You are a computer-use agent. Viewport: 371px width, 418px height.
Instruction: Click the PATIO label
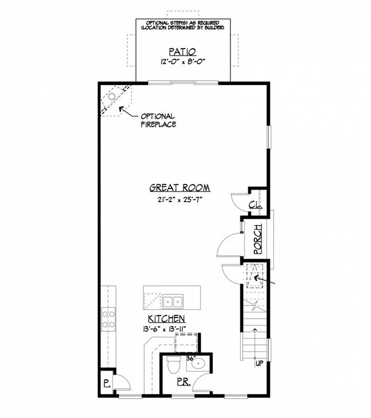(180, 50)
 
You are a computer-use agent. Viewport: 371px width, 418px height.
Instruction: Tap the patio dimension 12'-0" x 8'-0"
(180, 61)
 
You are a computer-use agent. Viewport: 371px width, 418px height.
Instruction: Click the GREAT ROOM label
(180, 187)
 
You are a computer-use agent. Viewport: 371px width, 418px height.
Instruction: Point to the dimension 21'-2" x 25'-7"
(180, 200)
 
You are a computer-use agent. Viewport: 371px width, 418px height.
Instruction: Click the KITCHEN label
(167, 319)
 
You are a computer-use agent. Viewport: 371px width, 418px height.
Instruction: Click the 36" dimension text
(191, 358)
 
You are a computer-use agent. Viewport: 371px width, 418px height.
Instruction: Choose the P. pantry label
(107, 384)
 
